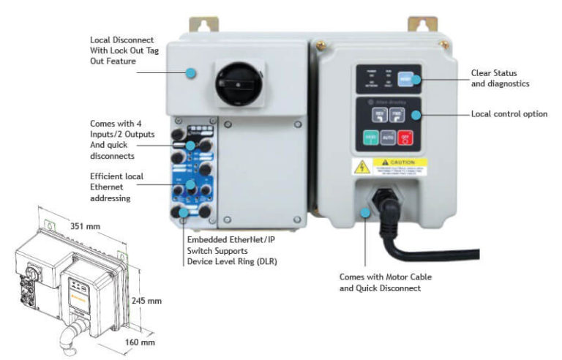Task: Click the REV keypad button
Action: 380,115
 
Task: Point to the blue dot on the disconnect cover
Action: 191,72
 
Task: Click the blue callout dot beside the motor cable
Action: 368,212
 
